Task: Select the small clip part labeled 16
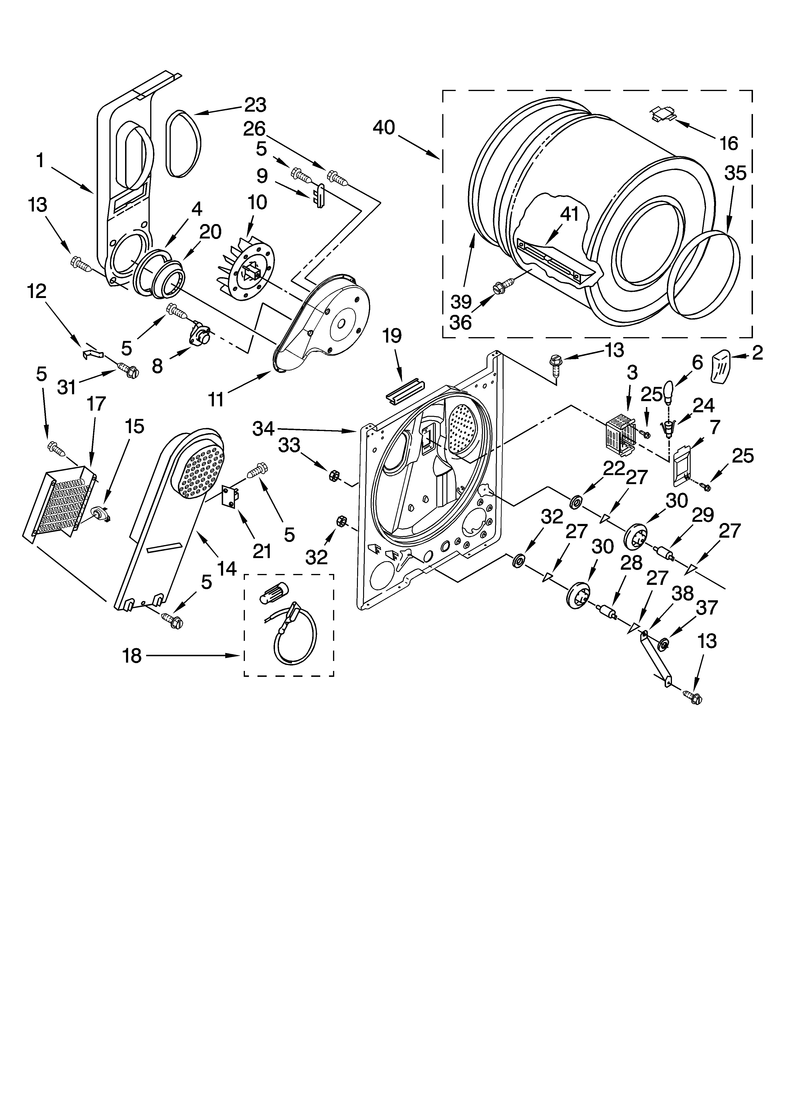coord(662,115)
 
